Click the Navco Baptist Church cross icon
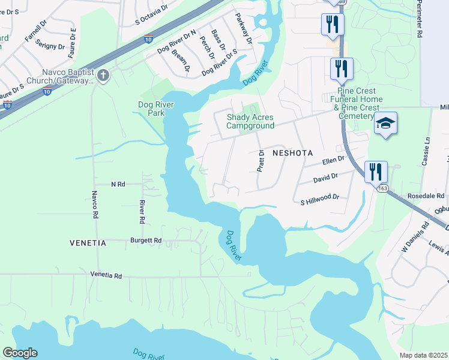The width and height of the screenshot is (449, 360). (x=103, y=76)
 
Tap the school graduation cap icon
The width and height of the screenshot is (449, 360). (x=386, y=124)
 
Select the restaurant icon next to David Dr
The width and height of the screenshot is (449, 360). (x=375, y=170)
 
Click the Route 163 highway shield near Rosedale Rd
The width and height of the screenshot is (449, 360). (x=382, y=188)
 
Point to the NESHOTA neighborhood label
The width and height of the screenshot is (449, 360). (x=293, y=153)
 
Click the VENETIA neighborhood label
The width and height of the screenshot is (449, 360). (x=87, y=243)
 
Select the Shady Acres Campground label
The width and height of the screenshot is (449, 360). (x=250, y=122)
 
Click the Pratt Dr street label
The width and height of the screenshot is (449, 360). (x=261, y=161)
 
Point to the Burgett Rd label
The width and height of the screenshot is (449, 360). (x=146, y=240)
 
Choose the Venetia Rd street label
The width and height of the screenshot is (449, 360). (x=106, y=275)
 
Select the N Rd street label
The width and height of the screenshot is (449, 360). (x=118, y=184)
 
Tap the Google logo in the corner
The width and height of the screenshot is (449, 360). (x=20, y=353)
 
